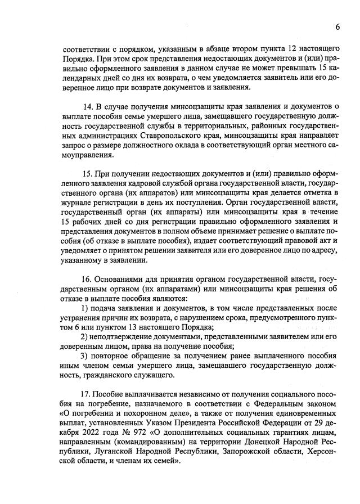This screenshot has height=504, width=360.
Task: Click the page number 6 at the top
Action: tap(338, 27)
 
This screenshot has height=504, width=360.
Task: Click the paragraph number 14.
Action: tap(88, 107)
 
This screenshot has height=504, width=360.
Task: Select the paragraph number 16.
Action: tap(88, 280)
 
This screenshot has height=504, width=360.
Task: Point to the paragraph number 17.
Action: tap(88, 394)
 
